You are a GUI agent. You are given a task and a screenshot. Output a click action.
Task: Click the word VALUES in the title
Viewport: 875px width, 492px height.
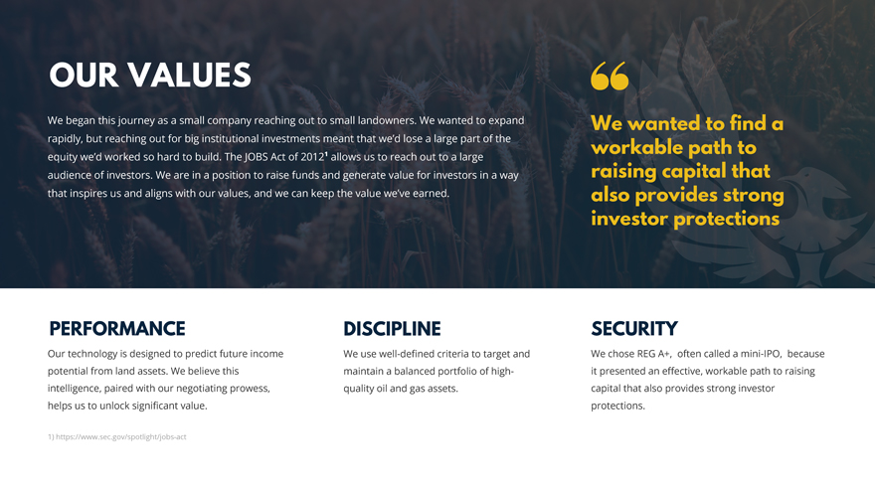click(x=189, y=76)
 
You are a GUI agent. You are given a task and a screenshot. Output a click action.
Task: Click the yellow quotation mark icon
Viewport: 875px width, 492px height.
click(x=610, y=76)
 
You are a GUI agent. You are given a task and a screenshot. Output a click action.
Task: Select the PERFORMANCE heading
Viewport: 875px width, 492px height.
click(x=117, y=329)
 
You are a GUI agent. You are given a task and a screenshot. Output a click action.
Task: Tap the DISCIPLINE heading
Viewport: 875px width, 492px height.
click(x=392, y=329)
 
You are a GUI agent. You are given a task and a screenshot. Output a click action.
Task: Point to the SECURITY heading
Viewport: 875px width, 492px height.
click(x=634, y=329)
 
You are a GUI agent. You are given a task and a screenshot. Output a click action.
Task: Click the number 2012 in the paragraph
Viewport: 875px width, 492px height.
click(x=312, y=157)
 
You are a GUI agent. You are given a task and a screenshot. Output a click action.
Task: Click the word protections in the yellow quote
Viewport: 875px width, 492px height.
click(x=727, y=219)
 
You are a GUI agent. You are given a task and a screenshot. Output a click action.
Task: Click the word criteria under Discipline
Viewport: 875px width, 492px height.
click(x=449, y=354)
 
